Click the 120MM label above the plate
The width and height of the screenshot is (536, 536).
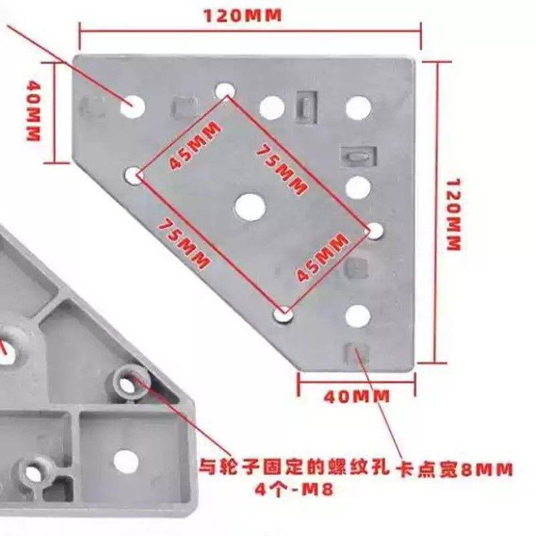click(x=243, y=15)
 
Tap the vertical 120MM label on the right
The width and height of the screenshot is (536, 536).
click(x=454, y=214)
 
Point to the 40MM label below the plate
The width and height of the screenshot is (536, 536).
click(x=356, y=396)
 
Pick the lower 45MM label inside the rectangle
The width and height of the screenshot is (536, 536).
click(x=322, y=257)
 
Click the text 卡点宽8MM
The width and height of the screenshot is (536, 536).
click(x=455, y=468)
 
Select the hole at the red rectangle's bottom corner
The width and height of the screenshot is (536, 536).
click(x=284, y=314)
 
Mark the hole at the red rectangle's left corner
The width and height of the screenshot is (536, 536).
click(x=133, y=176)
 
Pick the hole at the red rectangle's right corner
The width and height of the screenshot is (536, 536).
click(x=375, y=230)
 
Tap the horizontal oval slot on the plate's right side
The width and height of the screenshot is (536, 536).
click(x=358, y=156)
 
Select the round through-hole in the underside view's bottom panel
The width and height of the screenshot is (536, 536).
click(x=126, y=460)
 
